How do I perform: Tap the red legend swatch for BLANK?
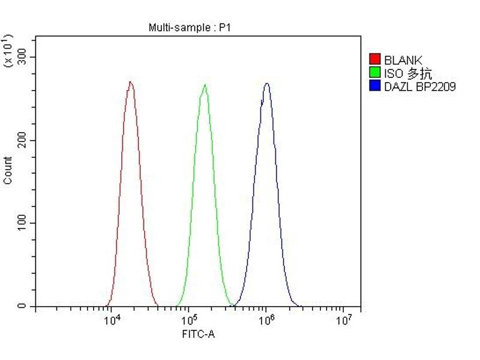pyautogui.click(x=375, y=59)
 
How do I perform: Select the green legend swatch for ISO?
pyautogui.click(x=375, y=73)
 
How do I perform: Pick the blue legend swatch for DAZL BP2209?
pyautogui.click(x=375, y=86)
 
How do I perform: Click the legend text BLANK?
pyautogui.click(x=403, y=60)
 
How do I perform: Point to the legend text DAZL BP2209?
pyautogui.click(x=420, y=87)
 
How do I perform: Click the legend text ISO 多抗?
pyautogui.click(x=408, y=73)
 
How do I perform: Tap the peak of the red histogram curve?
pyautogui.click(x=130, y=82)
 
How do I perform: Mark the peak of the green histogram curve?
pyautogui.click(x=205, y=85)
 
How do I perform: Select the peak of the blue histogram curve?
pyautogui.click(x=266, y=83)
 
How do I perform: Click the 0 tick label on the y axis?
pyautogui.click(x=22, y=307)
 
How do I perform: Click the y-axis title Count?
pyautogui.click(x=8, y=170)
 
